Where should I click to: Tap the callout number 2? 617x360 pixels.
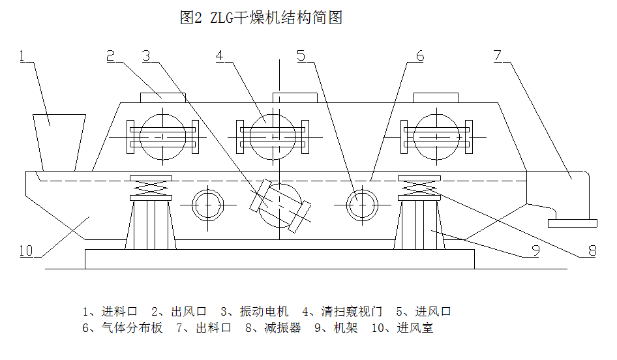point(111,56)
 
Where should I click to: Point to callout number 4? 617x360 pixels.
point(220,56)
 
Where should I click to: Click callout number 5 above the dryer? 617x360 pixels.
point(301,56)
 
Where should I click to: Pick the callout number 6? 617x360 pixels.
point(419,56)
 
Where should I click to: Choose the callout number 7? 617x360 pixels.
point(497,56)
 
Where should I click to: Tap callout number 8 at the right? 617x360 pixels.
point(592,250)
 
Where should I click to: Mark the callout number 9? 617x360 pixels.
point(534,250)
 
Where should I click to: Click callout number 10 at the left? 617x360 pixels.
point(25,250)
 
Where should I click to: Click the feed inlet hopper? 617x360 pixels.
point(59,140)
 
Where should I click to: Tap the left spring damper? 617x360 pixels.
point(151,188)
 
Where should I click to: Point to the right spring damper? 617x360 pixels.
point(418,188)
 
